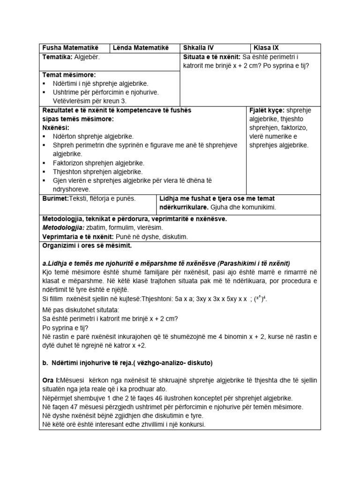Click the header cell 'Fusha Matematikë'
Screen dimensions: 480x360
tap(68, 48)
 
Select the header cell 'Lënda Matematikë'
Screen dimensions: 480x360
tap(138, 48)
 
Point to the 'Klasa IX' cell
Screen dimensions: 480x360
tap(266, 48)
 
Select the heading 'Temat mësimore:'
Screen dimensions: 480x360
tap(69, 75)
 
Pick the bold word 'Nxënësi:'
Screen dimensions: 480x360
tap(56, 127)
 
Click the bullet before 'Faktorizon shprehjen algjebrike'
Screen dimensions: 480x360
tap(44, 163)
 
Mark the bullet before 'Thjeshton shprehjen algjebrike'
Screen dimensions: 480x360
tap(44, 172)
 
